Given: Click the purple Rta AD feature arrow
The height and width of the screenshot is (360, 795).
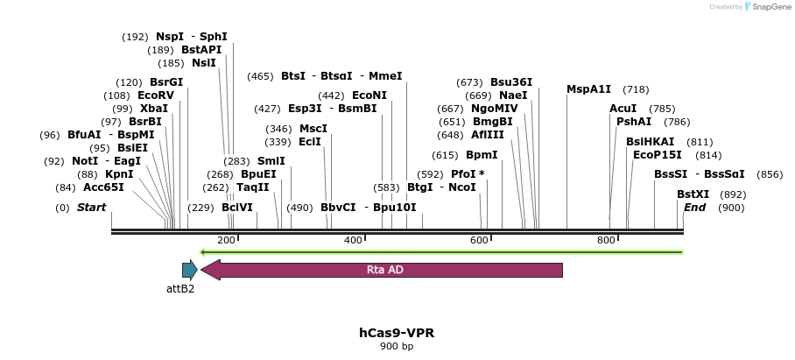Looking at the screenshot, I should click(x=382, y=270).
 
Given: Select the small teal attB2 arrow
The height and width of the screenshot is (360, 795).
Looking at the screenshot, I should click(x=189, y=270).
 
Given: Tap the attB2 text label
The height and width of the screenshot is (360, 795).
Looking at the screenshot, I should click(x=180, y=288).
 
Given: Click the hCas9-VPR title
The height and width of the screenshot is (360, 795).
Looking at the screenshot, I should click(x=397, y=333).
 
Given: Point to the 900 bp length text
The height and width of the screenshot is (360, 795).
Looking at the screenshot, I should click(x=397, y=347).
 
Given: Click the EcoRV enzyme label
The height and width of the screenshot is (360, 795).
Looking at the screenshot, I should click(x=156, y=95).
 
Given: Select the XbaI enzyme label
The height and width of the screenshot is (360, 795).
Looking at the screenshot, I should click(x=153, y=108).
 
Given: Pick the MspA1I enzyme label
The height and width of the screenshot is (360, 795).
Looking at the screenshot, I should click(x=589, y=89).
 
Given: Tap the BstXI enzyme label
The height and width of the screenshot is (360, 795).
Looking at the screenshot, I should click(x=693, y=194).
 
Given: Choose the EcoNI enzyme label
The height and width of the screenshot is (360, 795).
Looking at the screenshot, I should click(x=369, y=95).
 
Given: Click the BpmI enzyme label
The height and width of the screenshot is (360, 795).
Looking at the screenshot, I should click(x=482, y=155).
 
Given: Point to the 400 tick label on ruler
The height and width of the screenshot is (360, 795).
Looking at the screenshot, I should click(x=353, y=240).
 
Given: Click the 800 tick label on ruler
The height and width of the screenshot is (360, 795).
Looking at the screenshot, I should click(x=606, y=240).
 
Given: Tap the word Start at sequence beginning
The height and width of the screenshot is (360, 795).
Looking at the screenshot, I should click(x=91, y=208).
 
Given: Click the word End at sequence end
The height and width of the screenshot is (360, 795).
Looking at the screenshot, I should click(x=694, y=208).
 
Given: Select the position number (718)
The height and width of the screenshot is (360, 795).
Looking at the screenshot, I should click(x=636, y=89).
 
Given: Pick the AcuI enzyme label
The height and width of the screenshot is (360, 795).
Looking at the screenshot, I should click(x=623, y=108).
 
